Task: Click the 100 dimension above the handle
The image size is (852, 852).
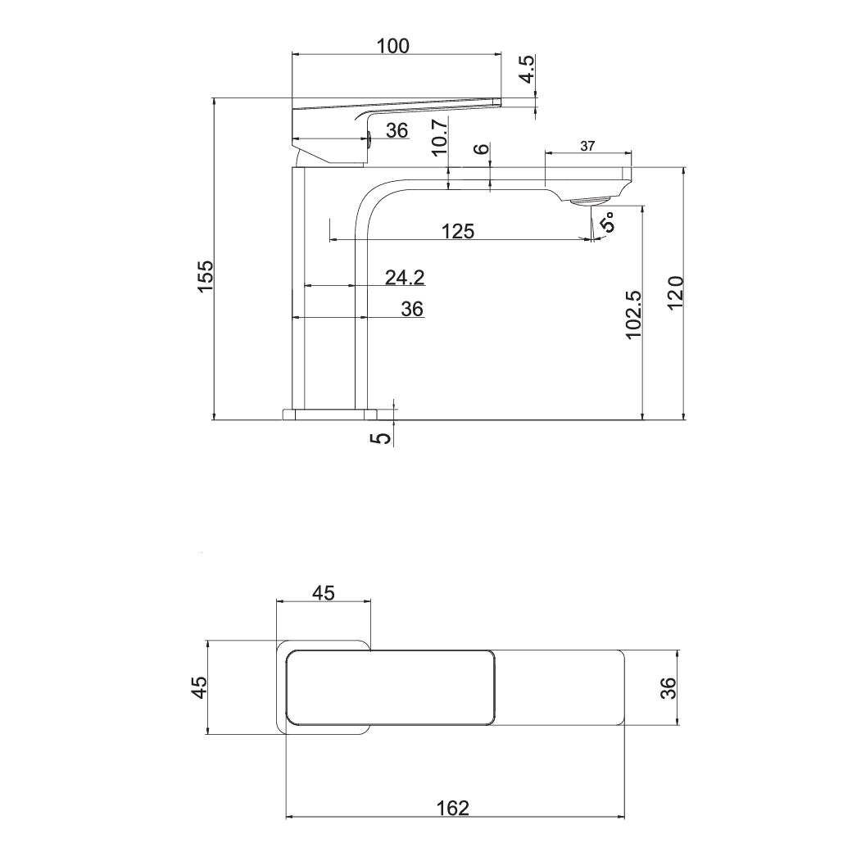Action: coord(393,46)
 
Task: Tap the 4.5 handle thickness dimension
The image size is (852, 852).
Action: coord(527,69)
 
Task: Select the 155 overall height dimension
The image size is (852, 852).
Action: coord(206,277)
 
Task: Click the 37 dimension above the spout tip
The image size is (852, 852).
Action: coord(588,146)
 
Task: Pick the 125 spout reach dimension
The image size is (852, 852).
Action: coord(457,232)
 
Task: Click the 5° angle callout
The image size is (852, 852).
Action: coord(608,222)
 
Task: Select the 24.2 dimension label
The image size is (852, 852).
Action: coord(405,278)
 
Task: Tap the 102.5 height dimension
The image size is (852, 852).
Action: coord(633,314)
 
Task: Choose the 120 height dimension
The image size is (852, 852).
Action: coord(673,292)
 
